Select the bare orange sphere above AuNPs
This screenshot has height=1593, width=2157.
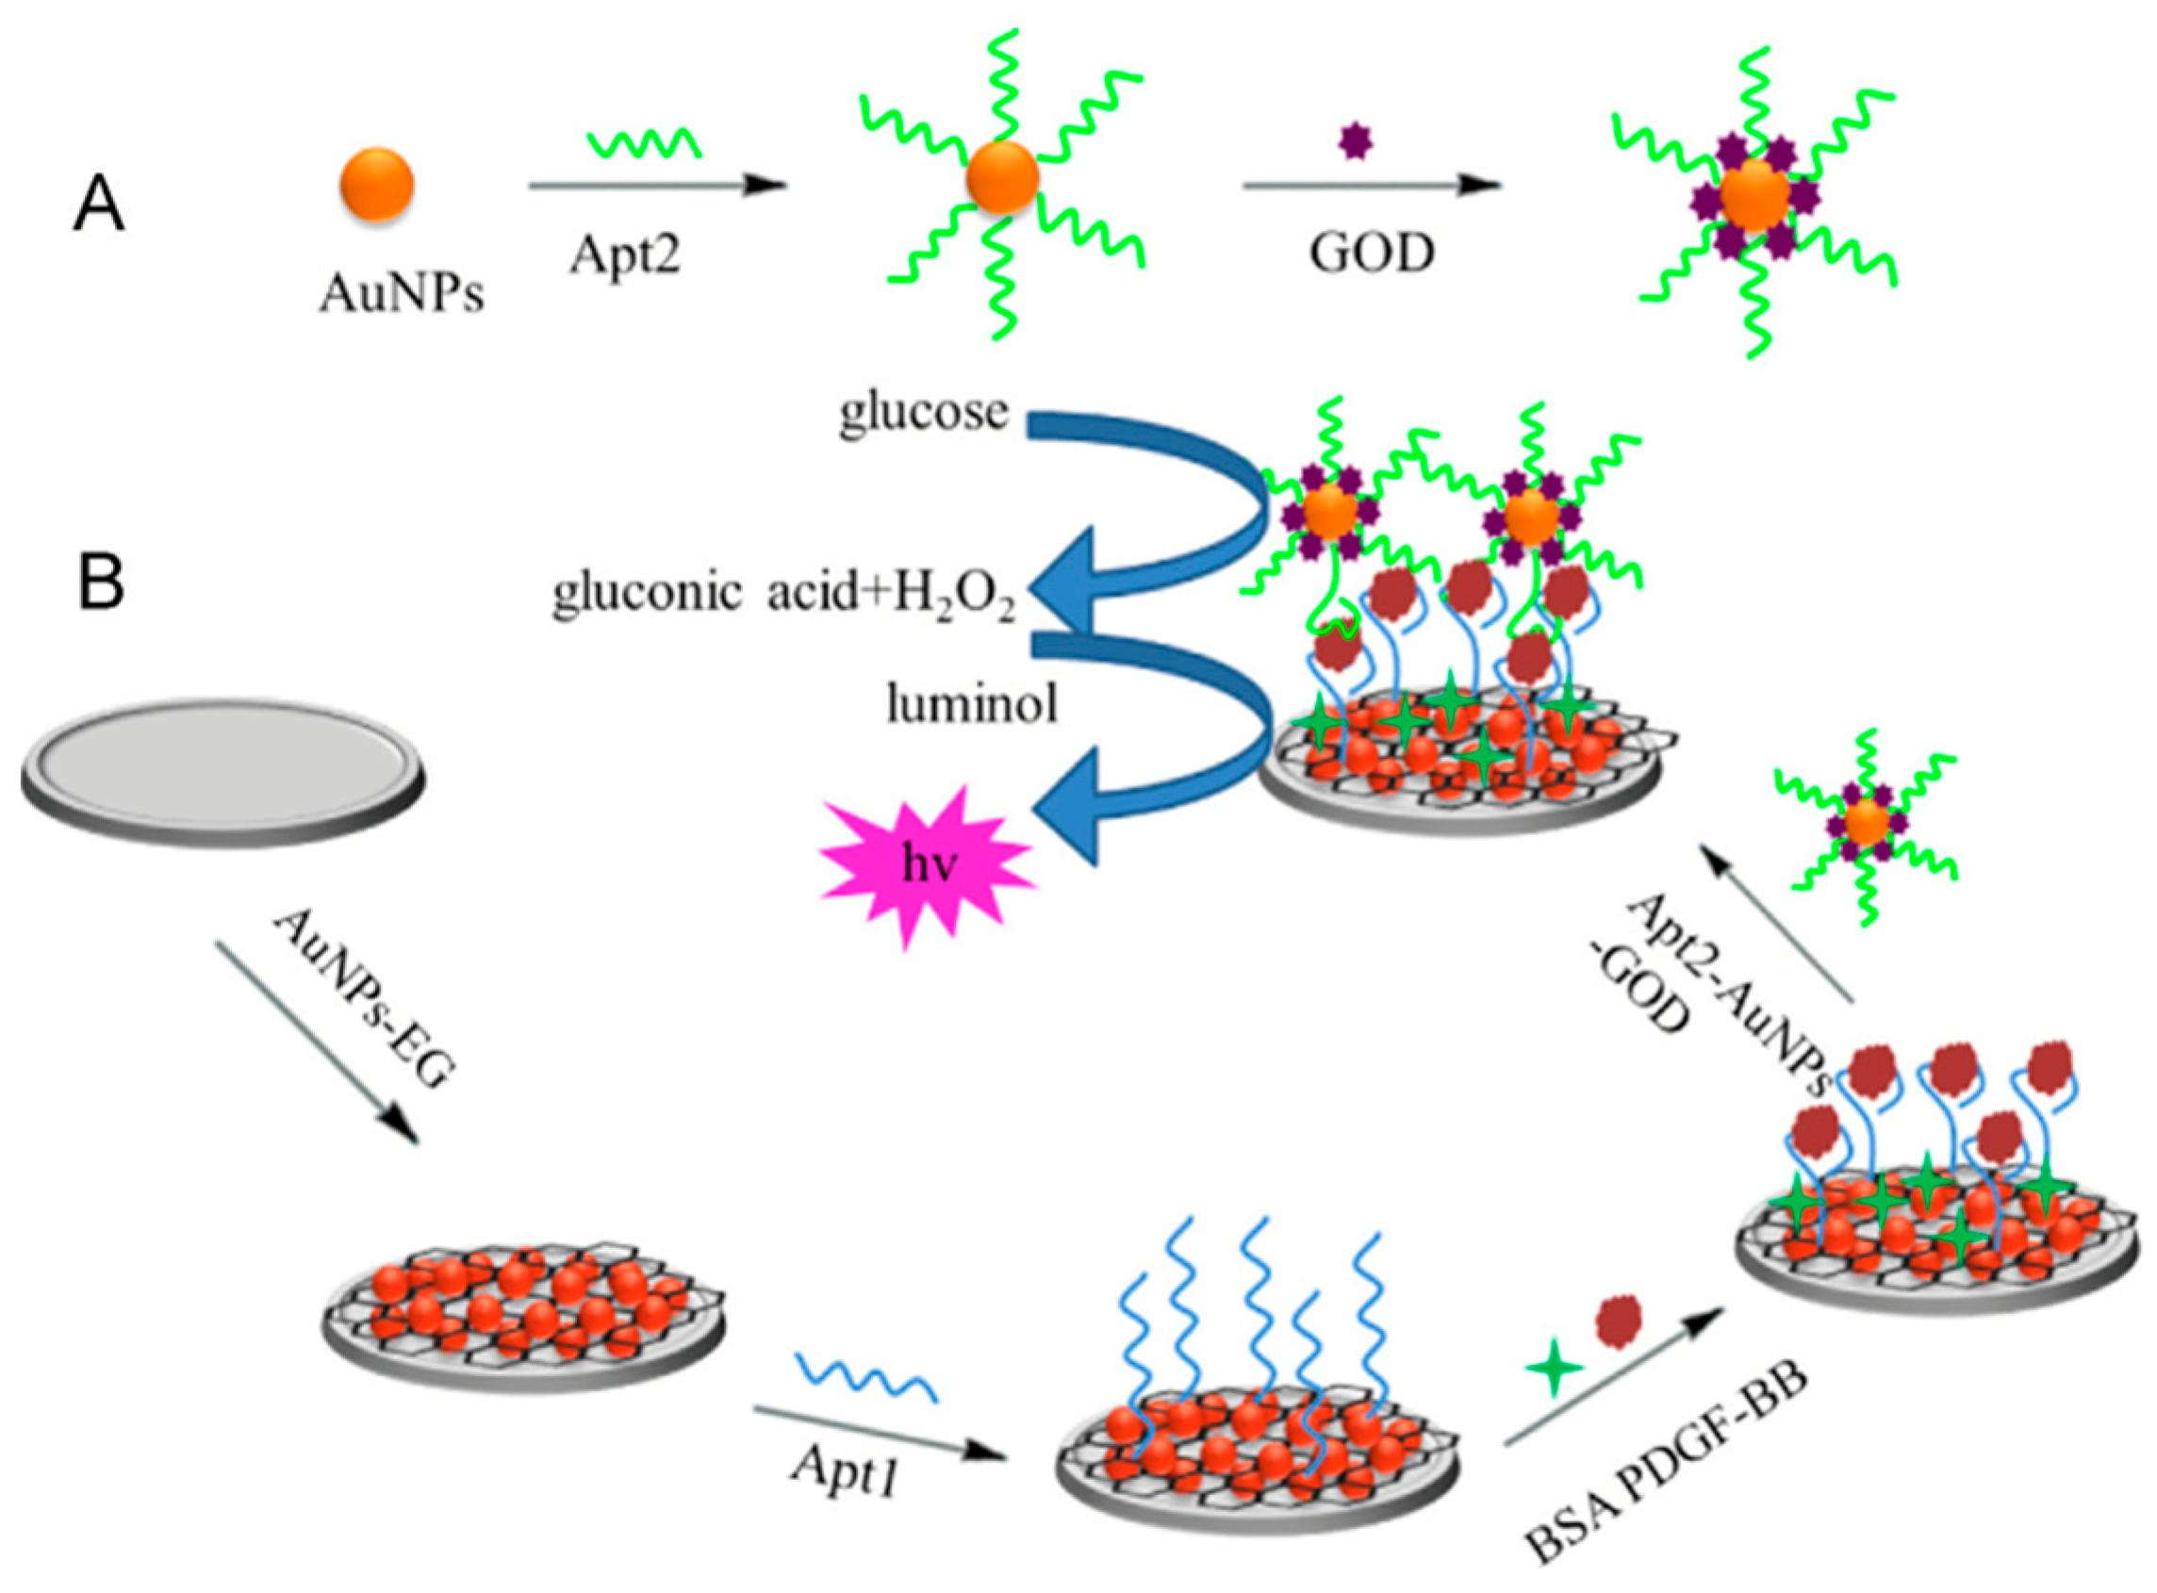(377, 185)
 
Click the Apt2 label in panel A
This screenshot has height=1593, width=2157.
(625, 255)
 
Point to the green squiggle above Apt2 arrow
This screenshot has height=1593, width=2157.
(644, 144)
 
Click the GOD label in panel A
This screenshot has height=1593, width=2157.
(1371, 254)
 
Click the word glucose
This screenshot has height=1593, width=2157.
(923, 413)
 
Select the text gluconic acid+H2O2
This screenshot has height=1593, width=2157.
(783, 594)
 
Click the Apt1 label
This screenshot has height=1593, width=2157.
(845, 1470)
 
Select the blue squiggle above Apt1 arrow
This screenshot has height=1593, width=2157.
(864, 1376)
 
